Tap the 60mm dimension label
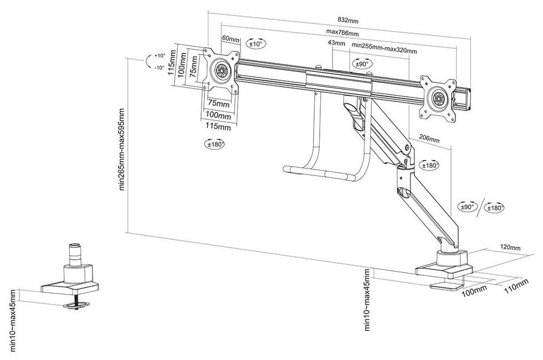230,39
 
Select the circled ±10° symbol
256,43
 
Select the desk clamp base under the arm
443,270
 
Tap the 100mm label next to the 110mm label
475,291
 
